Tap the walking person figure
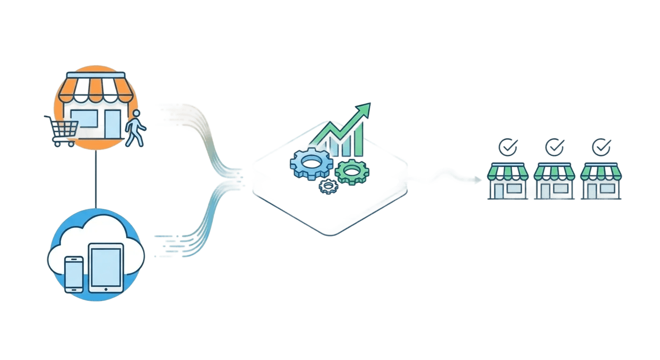tap(135, 127)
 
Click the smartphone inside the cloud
tap(74, 274)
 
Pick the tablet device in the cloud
tap(106, 267)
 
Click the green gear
tap(352, 171)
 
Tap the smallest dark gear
tap(328, 187)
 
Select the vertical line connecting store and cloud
tap(96, 178)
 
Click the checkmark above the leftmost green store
tap(507, 147)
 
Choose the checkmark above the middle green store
tap(554, 147)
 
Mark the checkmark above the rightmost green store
tap(601, 147)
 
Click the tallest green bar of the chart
tap(358, 141)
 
